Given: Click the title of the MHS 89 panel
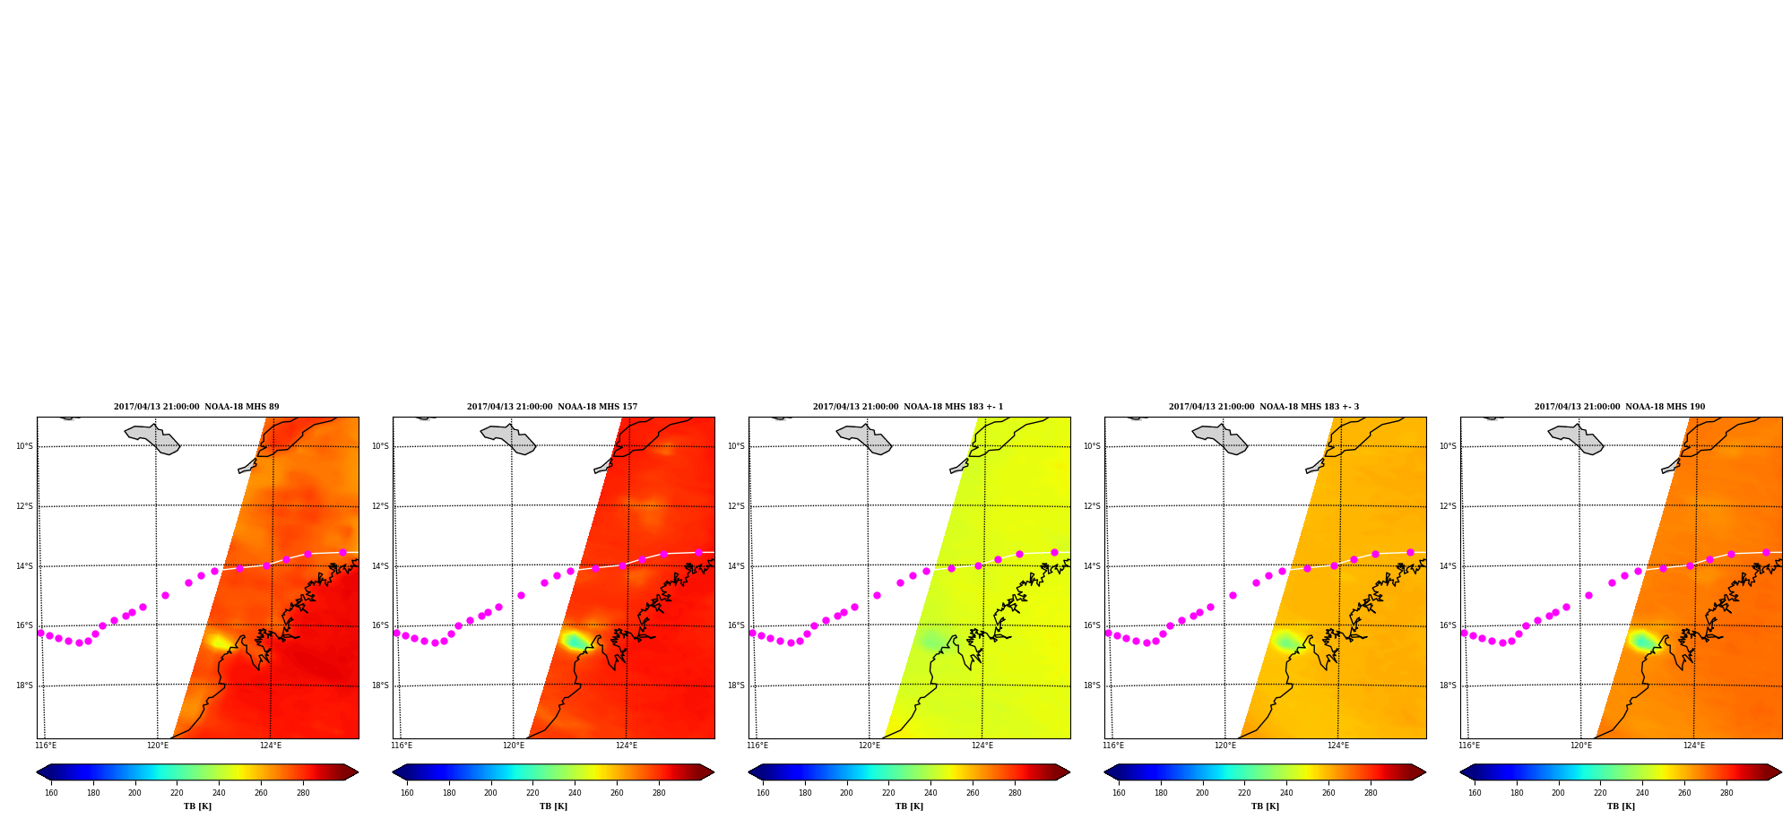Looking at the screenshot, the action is tap(196, 407).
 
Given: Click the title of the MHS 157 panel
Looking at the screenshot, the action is tap(552, 407).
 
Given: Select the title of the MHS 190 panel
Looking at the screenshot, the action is tap(1620, 407).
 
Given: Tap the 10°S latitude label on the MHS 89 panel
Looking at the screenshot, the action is tap(24, 446).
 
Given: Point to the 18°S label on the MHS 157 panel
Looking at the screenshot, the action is tap(380, 685).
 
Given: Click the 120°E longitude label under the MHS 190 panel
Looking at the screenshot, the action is tap(1581, 746).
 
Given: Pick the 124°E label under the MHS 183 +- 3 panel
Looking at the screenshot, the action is tap(1338, 746).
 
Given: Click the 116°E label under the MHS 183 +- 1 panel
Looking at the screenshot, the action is tap(757, 746).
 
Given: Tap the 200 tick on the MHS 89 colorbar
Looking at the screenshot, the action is tap(134, 793).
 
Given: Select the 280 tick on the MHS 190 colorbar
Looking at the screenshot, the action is tap(1726, 793).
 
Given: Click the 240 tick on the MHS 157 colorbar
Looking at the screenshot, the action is tap(575, 793).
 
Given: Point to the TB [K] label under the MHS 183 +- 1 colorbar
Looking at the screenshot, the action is tap(909, 806).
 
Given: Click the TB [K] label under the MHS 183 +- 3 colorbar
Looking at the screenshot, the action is tap(1265, 806).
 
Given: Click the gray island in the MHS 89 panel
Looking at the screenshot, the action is tap(154, 438).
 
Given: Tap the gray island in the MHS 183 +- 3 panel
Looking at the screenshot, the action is tap(1222, 438).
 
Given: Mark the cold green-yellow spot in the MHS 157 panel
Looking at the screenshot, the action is tap(575, 641).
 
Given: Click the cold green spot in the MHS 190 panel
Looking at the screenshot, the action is tap(1642, 641).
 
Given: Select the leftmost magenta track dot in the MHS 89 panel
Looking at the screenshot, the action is tap(40, 633).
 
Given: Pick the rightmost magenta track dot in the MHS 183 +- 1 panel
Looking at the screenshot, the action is tap(1054, 552).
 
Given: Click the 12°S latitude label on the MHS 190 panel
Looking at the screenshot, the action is tap(1448, 506).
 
